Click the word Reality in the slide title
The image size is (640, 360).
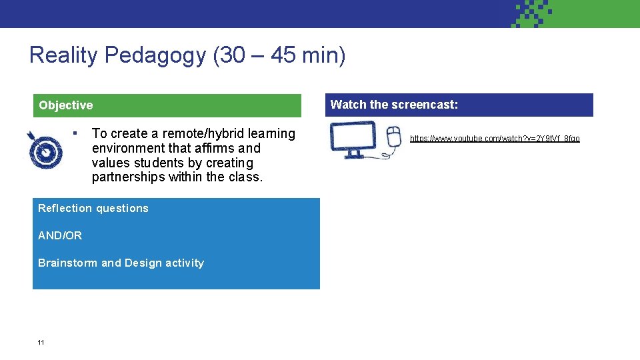pos(63,55)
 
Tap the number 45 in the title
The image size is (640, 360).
pos(283,55)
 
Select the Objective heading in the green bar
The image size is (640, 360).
pos(66,105)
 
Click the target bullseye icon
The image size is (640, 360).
pos(45,150)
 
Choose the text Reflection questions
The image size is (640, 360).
pos(93,208)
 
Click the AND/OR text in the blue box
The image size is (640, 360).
pos(60,235)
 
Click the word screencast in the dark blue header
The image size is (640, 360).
pos(423,105)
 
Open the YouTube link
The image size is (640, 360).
pos(495,139)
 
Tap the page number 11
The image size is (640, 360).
pos(41,343)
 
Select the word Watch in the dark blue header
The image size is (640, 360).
pos(349,105)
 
